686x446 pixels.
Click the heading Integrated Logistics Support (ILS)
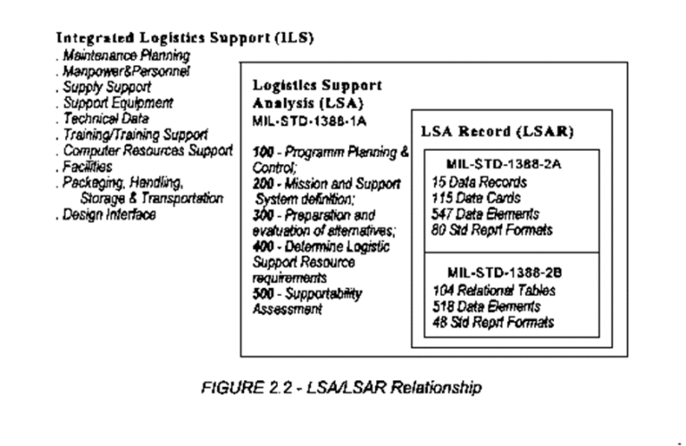186,38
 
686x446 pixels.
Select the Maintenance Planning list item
127,56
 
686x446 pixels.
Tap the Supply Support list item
106,87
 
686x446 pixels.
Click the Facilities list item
88,167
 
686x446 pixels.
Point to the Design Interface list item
109,214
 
